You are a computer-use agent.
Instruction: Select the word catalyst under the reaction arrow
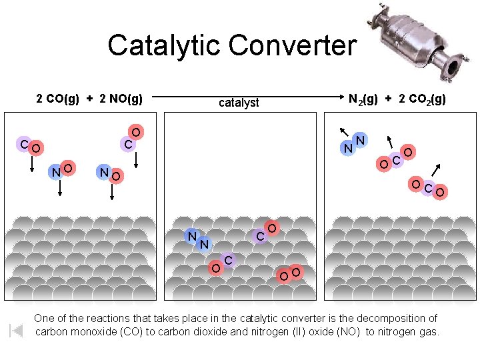point(239,103)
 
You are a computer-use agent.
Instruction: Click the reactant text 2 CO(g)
point(57,99)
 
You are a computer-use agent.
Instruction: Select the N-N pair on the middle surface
point(198,239)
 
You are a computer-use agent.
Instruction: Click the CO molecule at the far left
point(31,146)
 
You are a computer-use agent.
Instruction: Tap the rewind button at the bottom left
point(16,330)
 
